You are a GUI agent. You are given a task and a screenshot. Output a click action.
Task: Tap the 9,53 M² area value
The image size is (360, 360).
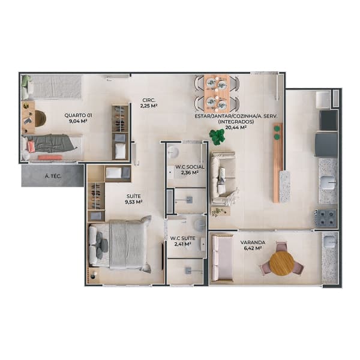coord(134,202)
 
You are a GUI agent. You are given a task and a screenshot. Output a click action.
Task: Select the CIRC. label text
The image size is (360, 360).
coord(149,100)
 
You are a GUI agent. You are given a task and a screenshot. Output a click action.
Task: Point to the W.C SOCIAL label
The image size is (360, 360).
coord(190,167)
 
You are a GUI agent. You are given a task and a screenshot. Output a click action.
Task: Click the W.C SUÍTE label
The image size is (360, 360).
coord(183,238)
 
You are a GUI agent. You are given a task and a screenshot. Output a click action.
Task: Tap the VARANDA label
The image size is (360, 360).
coord(253,242)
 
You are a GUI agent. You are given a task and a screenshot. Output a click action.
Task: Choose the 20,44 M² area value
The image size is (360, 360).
coord(236,127)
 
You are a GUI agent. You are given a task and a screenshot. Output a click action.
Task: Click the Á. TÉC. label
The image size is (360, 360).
coord(52,176)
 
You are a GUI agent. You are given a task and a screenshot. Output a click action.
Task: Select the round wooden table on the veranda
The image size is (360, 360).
coord(281,263)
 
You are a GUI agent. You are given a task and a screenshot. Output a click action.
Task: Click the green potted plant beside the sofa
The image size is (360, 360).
coord(217,136)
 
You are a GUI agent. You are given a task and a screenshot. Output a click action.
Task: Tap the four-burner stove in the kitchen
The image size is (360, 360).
coord(325,218)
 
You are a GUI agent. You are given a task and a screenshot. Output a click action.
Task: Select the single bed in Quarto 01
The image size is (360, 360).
coord(52,148)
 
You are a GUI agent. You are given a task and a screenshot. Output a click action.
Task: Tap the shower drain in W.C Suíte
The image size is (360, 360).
coord(189,271)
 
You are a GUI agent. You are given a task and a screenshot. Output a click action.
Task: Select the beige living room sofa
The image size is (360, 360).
coord(223,177)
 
